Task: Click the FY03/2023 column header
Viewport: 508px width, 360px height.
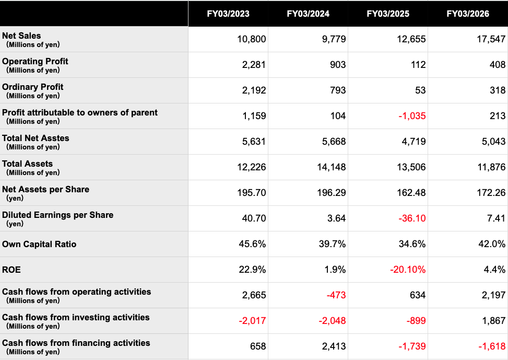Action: click(228, 14)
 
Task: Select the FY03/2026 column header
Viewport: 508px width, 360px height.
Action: click(468, 14)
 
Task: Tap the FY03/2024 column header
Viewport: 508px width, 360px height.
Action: click(308, 14)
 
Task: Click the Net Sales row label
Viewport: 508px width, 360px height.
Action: click(21, 36)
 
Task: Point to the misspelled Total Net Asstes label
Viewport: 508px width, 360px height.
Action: click(36, 138)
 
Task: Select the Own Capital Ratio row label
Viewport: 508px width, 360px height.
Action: click(39, 244)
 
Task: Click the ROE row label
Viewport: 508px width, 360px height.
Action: click(11, 270)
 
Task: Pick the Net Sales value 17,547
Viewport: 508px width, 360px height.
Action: click(491, 39)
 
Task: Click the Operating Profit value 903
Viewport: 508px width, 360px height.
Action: click(338, 65)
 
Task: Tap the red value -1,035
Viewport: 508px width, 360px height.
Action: click(412, 116)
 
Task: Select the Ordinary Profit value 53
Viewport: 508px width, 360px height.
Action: click(420, 90)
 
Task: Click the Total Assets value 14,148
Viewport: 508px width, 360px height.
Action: click(331, 167)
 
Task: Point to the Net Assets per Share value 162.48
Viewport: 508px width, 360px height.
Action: click(411, 193)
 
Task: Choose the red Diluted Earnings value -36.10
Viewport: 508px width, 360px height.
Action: click(412, 218)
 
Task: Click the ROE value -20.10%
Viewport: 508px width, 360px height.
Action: click(408, 270)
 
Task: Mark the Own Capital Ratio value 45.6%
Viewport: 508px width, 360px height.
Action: click(252, 244)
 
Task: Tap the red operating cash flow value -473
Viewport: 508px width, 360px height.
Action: click(336, 295)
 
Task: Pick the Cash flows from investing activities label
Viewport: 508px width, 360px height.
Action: click(76, 318)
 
